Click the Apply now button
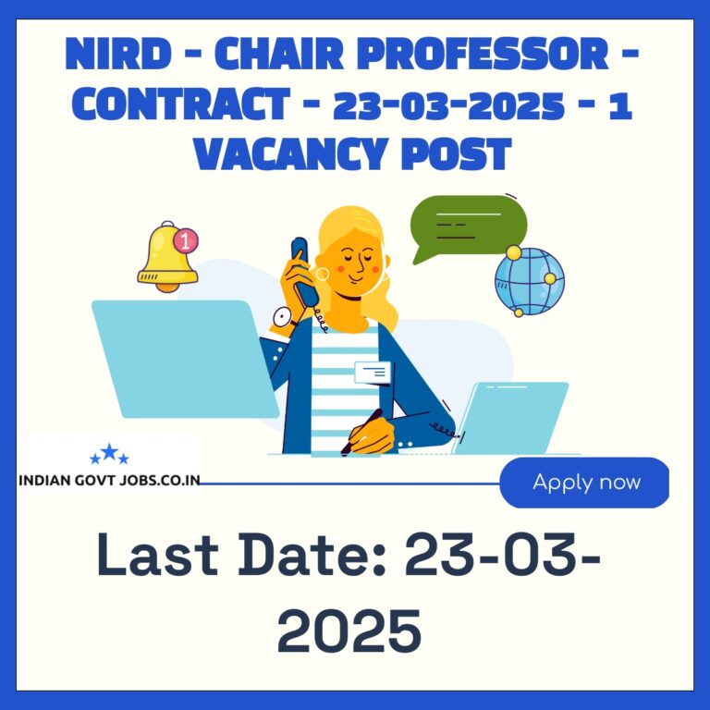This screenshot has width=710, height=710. click(584, 483)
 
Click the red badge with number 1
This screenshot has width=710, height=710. click(186, 240)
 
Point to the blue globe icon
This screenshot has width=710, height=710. click(530, 282)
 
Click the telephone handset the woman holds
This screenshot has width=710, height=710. click(304, 271)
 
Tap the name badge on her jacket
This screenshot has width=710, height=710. click(373, 373)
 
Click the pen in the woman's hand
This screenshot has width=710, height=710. click(361, 432)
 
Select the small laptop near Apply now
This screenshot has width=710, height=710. click(510, 418)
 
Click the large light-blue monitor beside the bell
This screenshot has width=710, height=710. click(185, 359)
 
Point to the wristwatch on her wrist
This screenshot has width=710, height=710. click(283, 317)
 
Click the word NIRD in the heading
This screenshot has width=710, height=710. click(117, 54)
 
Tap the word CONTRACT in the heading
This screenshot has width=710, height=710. click(180, 104)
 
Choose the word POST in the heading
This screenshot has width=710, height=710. click(456, 153)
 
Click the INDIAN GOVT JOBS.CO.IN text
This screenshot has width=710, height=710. click(109, 480)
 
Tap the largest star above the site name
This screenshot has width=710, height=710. click(109, 451)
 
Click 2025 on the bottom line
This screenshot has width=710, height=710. click(349, 630)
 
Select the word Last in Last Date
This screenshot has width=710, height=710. click(157, 555)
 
